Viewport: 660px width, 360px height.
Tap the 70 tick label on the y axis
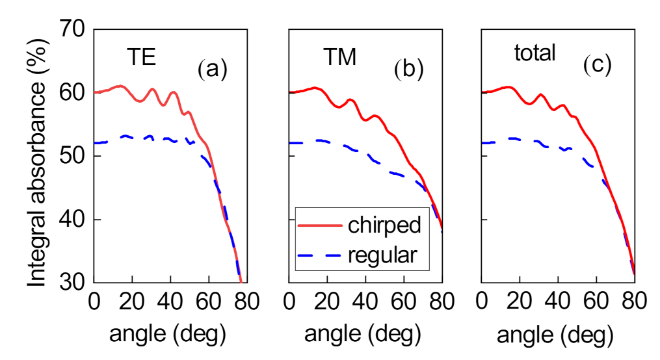(73, 29)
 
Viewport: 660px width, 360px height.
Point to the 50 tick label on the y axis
(73, 157)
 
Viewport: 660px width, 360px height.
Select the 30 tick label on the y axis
(73, 283)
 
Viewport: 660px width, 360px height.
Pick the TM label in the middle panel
(339, 58)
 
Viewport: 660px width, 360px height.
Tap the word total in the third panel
(535, 53)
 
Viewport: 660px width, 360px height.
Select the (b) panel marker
(408, 70)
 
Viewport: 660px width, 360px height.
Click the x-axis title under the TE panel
(167, 335)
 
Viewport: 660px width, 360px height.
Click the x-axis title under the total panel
(555, 335)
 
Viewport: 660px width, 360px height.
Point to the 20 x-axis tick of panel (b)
(327, 303)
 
